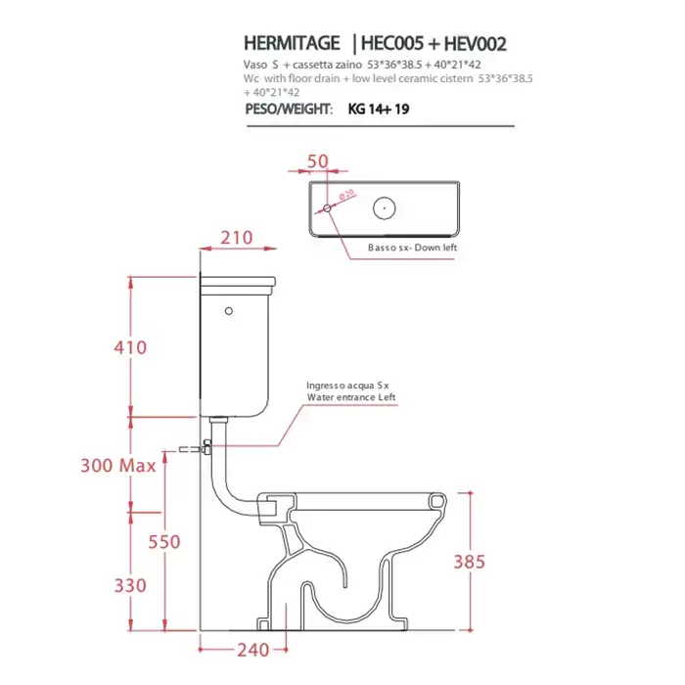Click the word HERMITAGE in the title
pyautogui.click(x=292, y=44)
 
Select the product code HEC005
pyautogui.click(x=392, y=44)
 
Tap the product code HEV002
pyautogui.click(x=476, y=44)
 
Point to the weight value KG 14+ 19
pyautogui.click(x=379, y=109)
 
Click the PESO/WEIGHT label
pyautogui.click(x=289, y=109)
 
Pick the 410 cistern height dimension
pyautogui.click(x=130, y=347)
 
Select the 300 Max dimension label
pyautogui.click(x=118, y=465)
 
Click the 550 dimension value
pyautogui.click(x=164, y=542)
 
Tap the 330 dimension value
pyautogui.click(x=130, y=586)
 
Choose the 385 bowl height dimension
pyautogui.click(x=469, y=562)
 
